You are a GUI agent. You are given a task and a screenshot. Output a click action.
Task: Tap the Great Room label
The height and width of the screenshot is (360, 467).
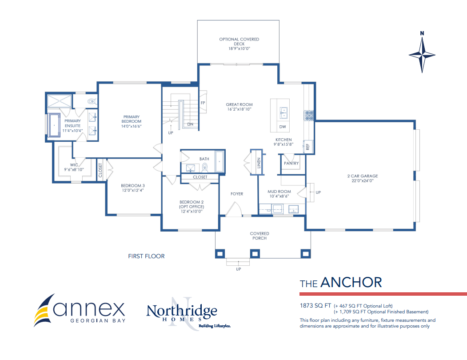(239, 104)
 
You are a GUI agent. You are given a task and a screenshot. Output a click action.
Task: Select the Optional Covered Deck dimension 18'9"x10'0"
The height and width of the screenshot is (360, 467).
(239, 48)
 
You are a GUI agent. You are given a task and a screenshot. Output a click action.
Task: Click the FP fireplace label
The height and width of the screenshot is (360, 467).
(203, 103)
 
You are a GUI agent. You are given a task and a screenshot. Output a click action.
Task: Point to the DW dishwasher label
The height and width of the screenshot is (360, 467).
(283, 127)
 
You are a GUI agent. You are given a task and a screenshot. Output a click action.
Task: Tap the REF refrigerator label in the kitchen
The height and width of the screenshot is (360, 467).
(307, 147)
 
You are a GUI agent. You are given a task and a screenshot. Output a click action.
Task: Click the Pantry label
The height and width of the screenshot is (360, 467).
(291, 163)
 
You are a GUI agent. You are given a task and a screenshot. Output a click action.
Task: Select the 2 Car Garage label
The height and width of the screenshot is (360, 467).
(363, 176)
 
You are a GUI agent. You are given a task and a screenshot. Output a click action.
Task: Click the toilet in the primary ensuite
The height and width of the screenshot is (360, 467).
(92, 102)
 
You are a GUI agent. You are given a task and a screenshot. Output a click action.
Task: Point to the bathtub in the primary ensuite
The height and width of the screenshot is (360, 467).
(54, 125)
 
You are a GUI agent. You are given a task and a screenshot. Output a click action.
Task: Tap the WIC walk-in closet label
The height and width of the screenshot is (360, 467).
(74, 165)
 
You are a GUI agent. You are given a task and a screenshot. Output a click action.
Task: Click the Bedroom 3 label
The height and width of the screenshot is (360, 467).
(133, 186)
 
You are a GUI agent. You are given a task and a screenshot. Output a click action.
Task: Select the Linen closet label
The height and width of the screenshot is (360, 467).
(259, 163)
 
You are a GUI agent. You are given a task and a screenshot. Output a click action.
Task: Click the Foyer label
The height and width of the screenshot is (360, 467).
(237, 194)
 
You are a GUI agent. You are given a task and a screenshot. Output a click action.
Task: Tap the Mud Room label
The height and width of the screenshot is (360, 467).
(279, 192)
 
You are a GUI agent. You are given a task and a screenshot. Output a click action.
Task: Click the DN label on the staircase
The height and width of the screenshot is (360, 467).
(190, 124)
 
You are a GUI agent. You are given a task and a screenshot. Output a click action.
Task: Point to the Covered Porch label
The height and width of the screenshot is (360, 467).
(259, 236)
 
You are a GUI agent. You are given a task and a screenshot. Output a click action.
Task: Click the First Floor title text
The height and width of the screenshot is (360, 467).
(146, 256)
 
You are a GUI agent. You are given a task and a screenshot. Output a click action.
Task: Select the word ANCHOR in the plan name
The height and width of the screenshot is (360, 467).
(351, 283)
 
